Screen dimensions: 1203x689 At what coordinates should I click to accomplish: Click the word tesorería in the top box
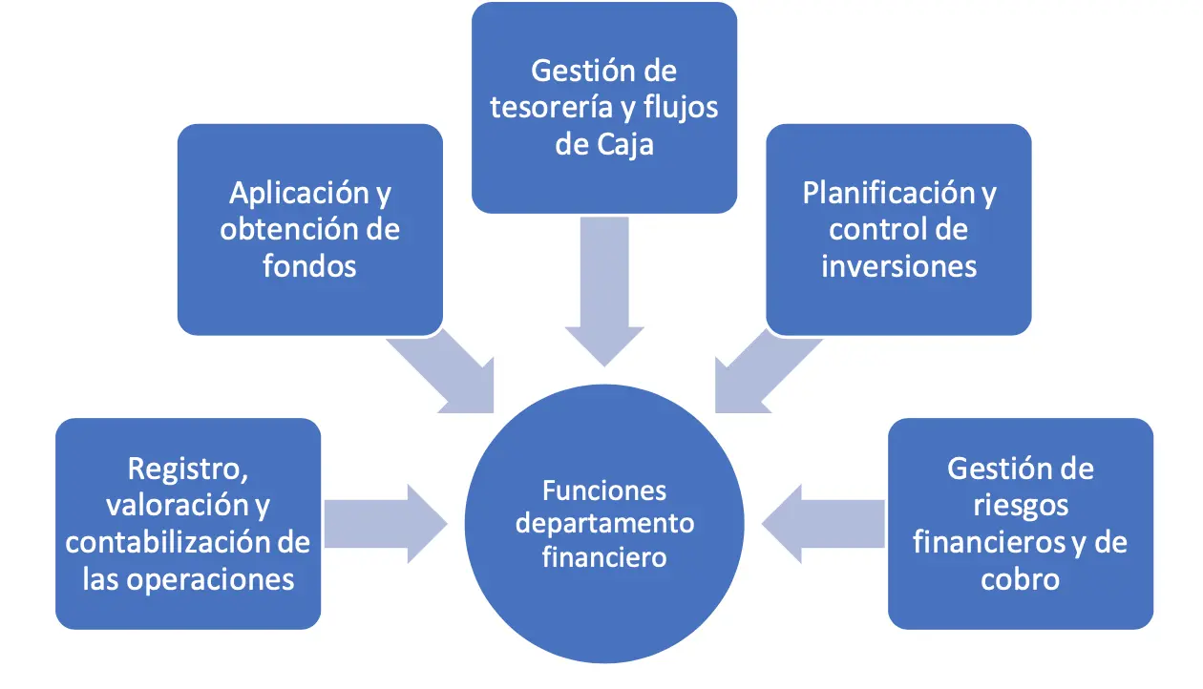[x=551, y=107]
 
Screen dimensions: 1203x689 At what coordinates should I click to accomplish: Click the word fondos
[x=310, y=265]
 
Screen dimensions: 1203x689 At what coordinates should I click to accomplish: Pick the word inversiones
[x=898, y=266]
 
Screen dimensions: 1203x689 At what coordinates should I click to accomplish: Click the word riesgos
[x=1021, y=506]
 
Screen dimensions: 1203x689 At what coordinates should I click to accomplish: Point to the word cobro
[x=1020, y=579]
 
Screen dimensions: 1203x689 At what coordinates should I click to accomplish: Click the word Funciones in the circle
[x=604, y=491]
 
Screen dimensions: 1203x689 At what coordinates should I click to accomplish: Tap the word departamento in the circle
[x=604, y=524]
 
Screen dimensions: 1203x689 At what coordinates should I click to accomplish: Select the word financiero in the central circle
[x=604, y=557]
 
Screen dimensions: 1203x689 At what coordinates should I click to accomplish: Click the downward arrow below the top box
[x=604, y=291]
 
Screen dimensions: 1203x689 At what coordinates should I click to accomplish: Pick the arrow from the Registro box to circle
[x=386, y=524]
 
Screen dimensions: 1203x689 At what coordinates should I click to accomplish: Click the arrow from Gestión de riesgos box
[x=823, y=524]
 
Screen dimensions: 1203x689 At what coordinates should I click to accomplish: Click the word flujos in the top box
[x=681, y=108]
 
